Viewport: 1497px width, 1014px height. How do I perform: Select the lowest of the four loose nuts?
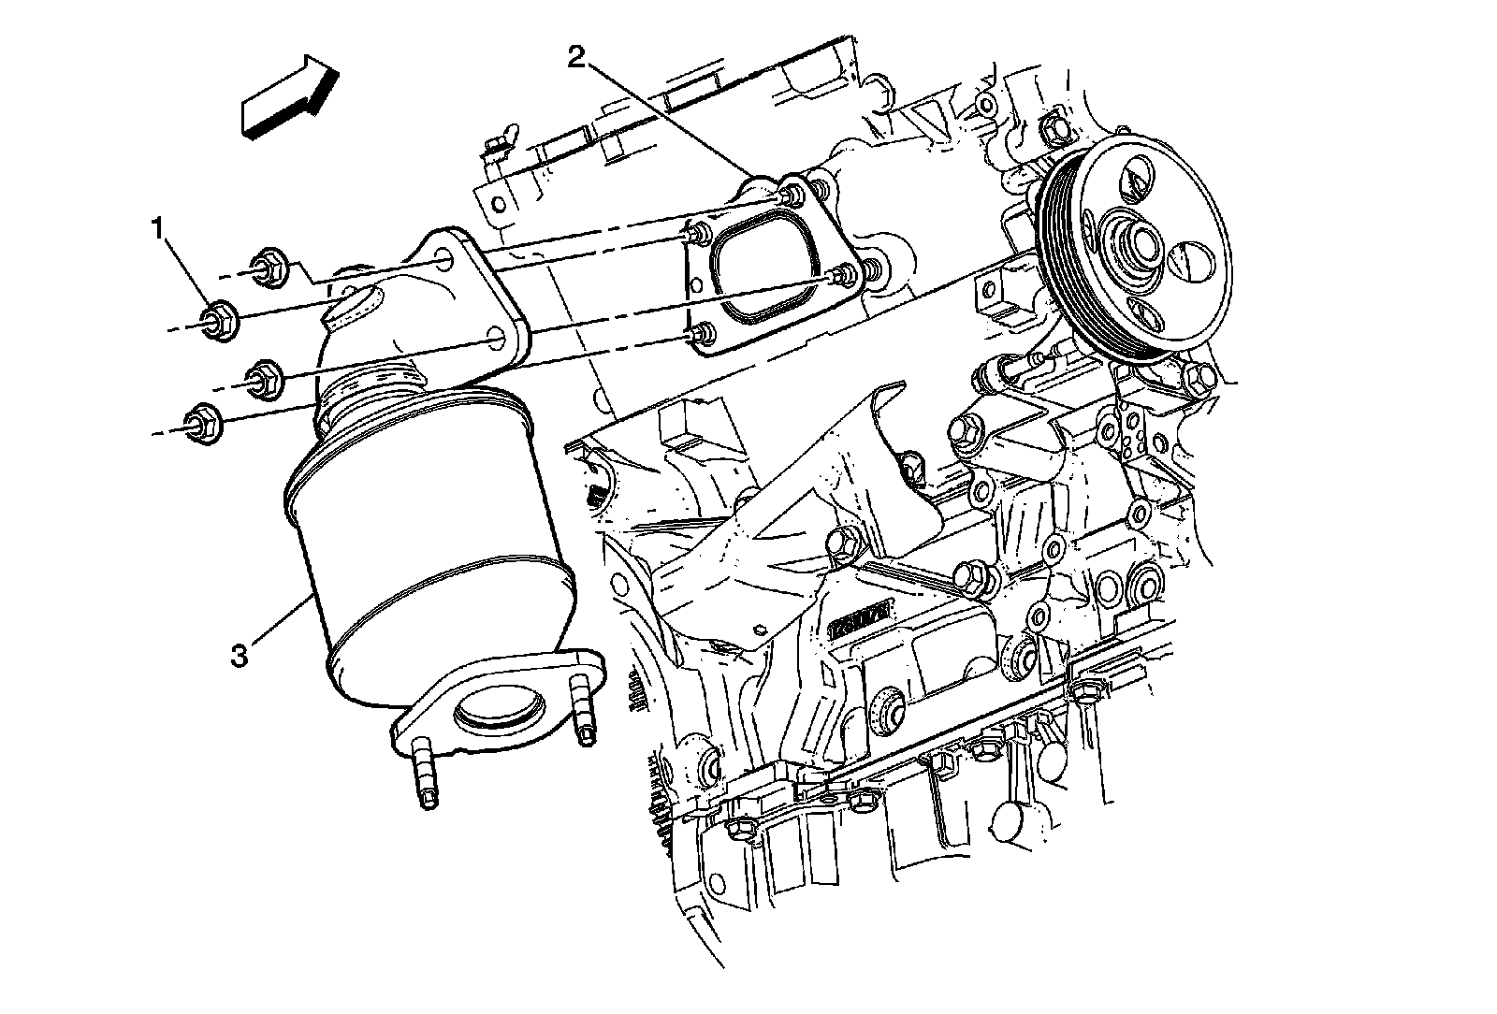tap(203, 420)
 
